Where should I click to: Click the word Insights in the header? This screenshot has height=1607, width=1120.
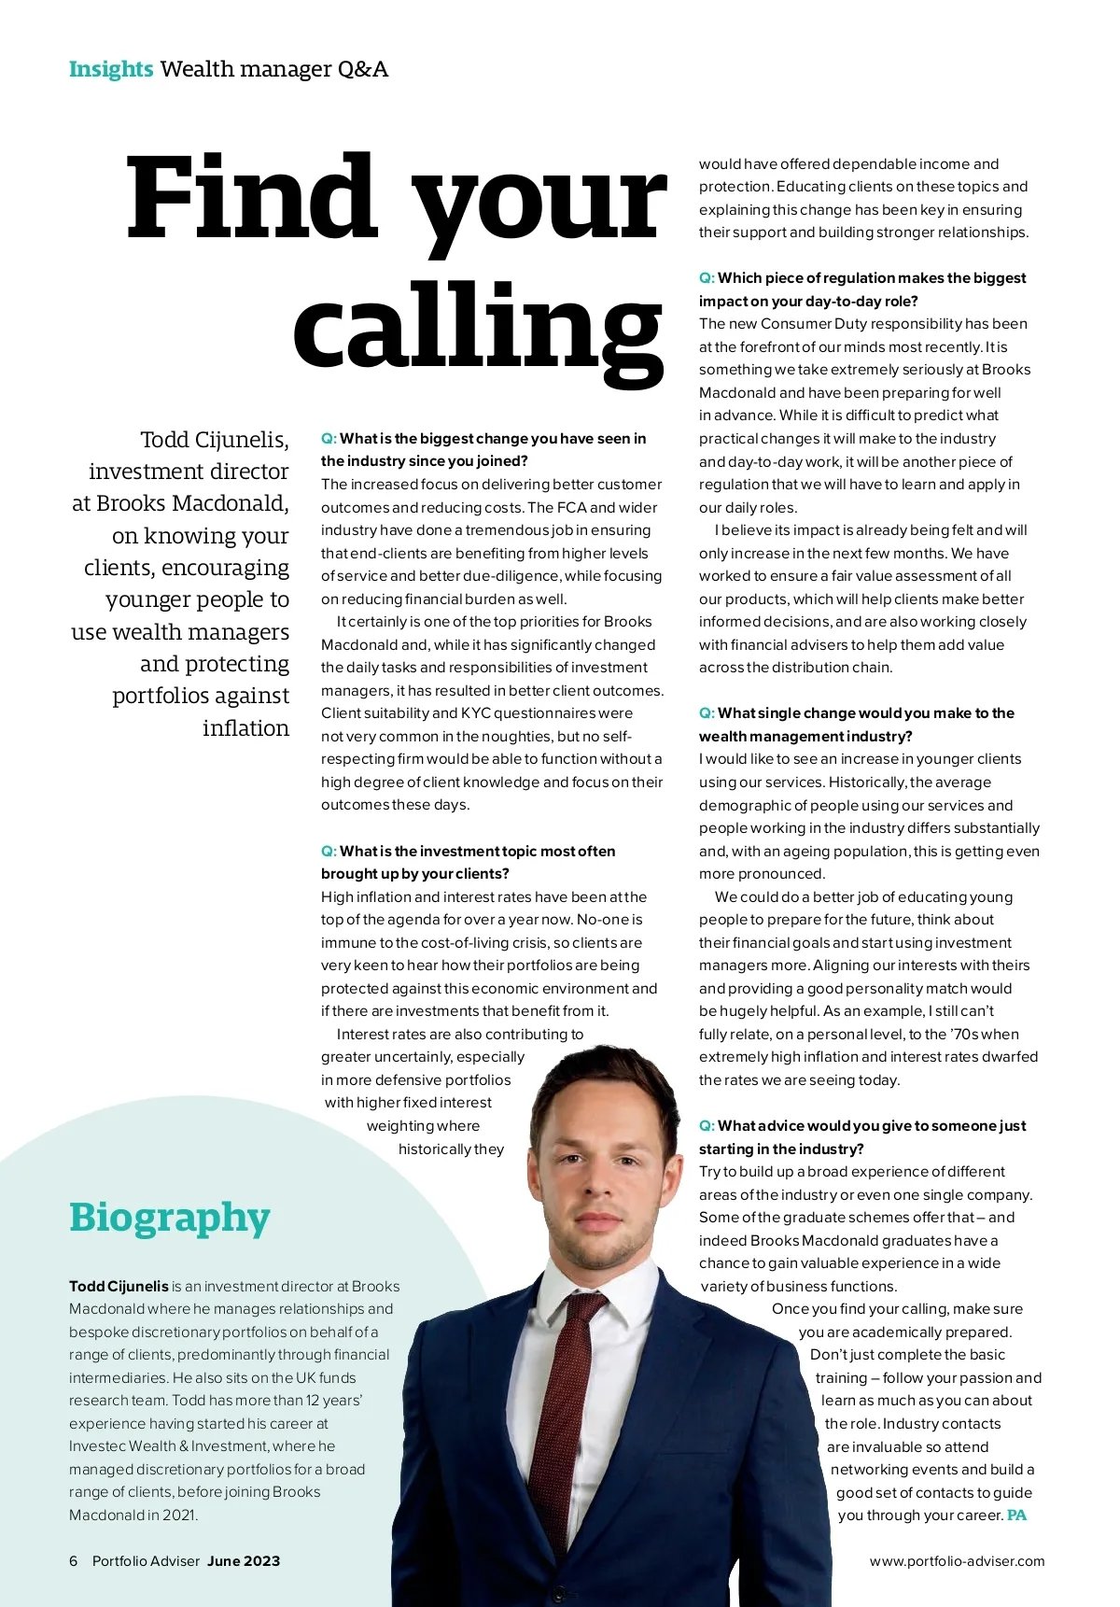[110, 69]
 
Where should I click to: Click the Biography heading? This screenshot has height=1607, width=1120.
[169, 1218]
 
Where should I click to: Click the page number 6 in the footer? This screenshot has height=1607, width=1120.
[74, 1561]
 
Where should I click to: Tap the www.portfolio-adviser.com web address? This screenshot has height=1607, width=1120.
[957, 1561]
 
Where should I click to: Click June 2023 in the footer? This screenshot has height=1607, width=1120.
[244, 1561]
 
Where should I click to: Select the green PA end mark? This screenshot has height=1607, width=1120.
[1016, 1515]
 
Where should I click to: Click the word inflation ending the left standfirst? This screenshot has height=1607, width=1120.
[245, 728]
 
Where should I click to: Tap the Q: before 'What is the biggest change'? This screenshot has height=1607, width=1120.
[329, 439]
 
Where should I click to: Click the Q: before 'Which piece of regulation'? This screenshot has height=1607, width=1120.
[707, 278]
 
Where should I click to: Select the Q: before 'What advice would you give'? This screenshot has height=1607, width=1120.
[707, 1126]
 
